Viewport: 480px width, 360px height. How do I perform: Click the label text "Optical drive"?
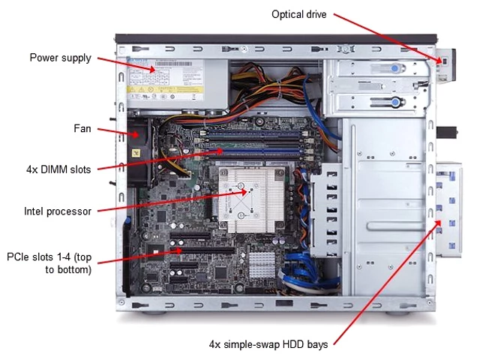click(x=299, y=13)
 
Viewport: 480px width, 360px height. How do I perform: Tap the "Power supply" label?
click(x=61, y=58)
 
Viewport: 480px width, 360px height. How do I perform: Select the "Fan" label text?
click(x=82, y=128)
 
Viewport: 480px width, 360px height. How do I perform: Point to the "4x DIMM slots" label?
click(x=58, y=169)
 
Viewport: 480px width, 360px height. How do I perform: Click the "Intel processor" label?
click(x=58, y=211)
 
